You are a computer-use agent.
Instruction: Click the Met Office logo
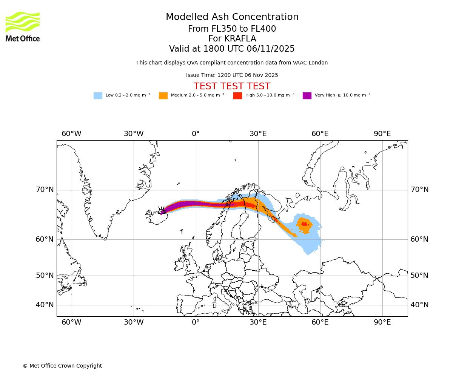tap(23, 26)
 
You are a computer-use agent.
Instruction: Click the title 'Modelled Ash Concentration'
tap(232, 17)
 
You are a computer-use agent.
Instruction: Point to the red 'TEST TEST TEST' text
tap(232, 86)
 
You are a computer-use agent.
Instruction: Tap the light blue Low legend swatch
tap(98, 96)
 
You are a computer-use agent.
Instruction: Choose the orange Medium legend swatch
tap(163, 96)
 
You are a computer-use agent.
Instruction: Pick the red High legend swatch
tap(237, 96)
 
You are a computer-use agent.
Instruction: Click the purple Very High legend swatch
tap(307, 96)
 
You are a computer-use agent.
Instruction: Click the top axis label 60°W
tap(71, 134)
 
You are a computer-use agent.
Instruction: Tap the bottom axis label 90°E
tap(382, 322)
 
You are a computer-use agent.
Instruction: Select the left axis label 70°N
tap(45, 190)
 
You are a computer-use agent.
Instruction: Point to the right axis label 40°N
tap(419, 305)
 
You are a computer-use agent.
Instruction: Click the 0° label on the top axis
tap(196, 134)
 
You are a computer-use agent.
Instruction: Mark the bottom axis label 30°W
tap(134, 322)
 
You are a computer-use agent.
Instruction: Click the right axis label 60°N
tap(419, 239)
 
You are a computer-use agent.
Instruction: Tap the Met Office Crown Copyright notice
tap(62, 366)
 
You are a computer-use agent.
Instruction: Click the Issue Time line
tap(232, 75)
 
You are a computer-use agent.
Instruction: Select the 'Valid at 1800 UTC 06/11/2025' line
tap(232, 49)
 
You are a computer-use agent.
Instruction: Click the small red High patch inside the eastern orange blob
tap(304, 224)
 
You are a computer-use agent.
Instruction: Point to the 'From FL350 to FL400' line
tap(232, 29)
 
